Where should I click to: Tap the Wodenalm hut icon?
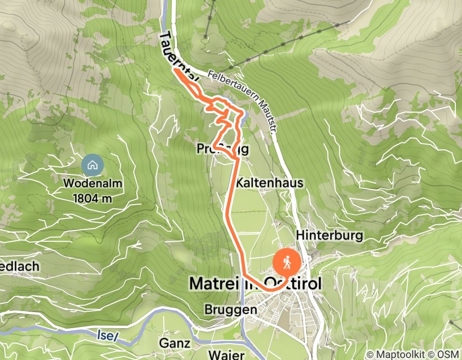[93, 166]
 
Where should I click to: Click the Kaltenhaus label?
[270, 183]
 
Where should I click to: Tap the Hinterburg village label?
[330, 235]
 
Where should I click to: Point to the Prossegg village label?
[223, 149]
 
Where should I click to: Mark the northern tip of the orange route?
[176, 71]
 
